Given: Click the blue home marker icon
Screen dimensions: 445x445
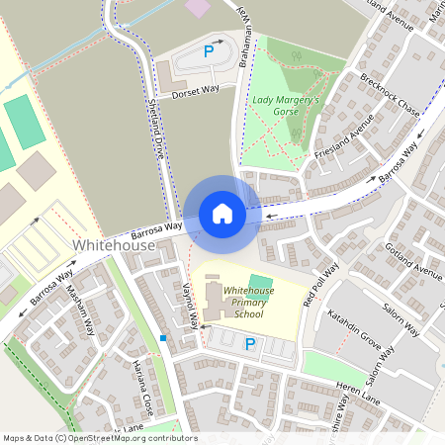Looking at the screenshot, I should click(222, 213).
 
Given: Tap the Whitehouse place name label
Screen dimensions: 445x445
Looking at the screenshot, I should click(114, 244).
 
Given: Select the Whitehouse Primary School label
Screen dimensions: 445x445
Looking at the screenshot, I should click(243, 302).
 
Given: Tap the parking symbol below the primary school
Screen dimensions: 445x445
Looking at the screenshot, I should click(250, 343).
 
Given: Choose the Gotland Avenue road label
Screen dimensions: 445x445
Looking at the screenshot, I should click(412, 259).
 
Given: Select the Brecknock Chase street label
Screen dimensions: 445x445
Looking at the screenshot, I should click(390, 95).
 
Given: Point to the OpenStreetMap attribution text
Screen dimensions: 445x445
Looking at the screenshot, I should click(99, 438).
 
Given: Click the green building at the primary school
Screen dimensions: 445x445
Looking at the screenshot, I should click(259, 283).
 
